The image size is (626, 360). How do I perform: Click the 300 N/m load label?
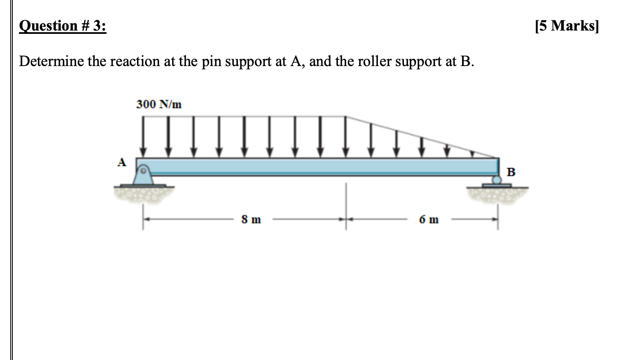[159, 104]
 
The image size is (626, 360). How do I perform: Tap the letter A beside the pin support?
[121, 163]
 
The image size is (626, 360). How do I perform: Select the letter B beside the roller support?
[511, 172]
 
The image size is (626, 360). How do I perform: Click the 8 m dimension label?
[251, 219]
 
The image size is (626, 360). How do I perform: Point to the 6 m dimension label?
[429, 219]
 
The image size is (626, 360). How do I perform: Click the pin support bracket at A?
[143, 176]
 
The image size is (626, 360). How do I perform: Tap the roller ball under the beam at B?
[497, 180]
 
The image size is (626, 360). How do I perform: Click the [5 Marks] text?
[566, 26]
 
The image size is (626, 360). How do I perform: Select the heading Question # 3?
[63, 26]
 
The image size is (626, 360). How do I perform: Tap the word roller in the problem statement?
[373, 62]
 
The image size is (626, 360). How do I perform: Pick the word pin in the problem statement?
[210, 62]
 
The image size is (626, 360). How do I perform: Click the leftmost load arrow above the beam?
[143, 136]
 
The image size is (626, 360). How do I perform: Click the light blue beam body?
[318, 167]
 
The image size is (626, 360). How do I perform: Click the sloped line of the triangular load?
[421, 137]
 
